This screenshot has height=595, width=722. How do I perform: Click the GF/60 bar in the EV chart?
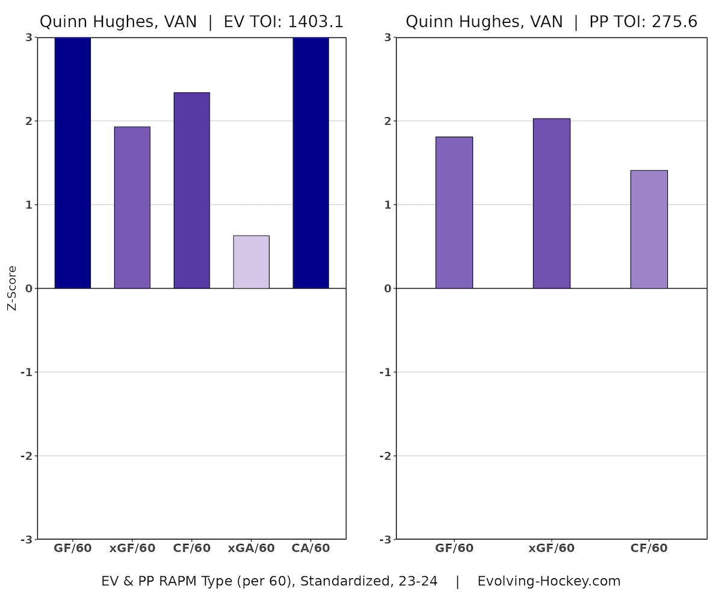click(x=72, y=163)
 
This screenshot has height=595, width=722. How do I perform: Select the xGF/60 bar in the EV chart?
click(x=132, y=207)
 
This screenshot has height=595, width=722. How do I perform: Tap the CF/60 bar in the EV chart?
click(x=191, y=190)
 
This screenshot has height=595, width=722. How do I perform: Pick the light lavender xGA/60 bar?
click(x=251, y=262)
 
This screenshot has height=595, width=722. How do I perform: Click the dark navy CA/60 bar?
click(x=310, y=163)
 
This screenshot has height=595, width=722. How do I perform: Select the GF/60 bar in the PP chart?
click(x=454, y=213)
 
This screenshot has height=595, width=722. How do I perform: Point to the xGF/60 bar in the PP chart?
click(x=551, y=204)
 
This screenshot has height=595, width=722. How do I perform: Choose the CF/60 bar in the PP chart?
click(x=649, y=229)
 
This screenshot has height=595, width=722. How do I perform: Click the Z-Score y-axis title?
click(x=12, y=288)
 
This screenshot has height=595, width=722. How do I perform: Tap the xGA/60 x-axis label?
click(x=251, y=549)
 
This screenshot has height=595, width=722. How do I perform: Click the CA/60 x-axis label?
click(x=310, y=549)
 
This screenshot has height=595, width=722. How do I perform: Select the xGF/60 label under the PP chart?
click(x=551, y=549)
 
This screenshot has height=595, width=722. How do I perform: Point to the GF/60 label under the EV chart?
click(x=72, y=549)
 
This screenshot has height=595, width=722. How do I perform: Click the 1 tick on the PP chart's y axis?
click(x=387, y=205)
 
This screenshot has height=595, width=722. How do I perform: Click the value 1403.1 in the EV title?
click(x=315, y=22)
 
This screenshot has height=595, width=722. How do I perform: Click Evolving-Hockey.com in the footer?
click(x=549, y=581)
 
